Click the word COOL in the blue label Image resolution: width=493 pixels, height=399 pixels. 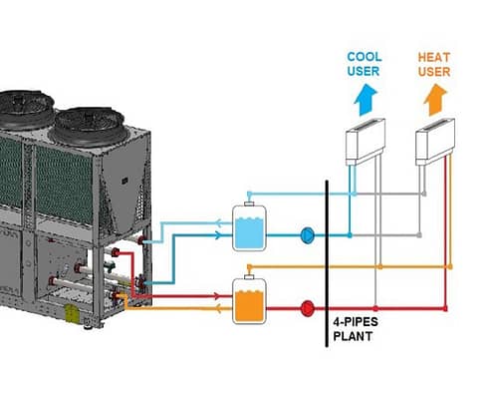pos(365,57)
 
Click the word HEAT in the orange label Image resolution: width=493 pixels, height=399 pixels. pos(434,57)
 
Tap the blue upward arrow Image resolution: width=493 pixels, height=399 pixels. pos(366,100)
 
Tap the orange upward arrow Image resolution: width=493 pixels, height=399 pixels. pos(435,100)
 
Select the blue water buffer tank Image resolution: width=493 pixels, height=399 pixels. pos(249,227)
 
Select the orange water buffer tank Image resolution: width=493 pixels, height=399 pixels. pos(249,301)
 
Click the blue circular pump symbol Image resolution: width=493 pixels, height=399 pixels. pos(307,235)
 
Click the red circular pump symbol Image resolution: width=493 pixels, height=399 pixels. pos(307,308)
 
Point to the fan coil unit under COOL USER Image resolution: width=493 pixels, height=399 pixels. pos(366,142)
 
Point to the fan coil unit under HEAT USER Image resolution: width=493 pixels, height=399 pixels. pos(435,142)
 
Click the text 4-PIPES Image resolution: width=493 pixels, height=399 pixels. pos(356,322)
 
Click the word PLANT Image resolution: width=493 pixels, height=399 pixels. pos(353,336)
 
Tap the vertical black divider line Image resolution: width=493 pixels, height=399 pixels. pos(327,263)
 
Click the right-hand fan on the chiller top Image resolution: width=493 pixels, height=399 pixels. pos(89,127)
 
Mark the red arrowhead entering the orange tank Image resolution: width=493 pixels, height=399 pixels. pos(217,296)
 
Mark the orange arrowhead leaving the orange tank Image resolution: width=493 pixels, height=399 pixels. pos(219,309)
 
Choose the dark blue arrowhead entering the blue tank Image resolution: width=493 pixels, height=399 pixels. pos(217,235)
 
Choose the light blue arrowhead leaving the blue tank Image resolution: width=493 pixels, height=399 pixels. pos(219,222)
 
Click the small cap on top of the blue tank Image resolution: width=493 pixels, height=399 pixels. pos(249,203)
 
